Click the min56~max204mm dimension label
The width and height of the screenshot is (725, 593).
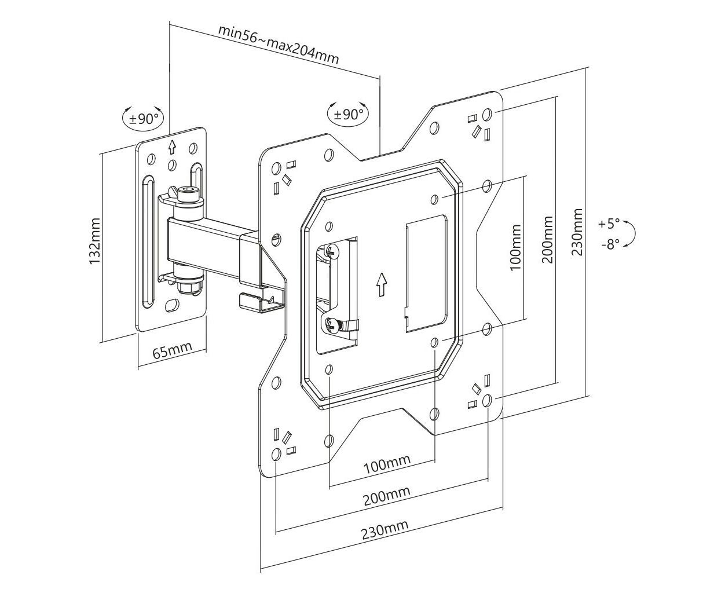point(279,45)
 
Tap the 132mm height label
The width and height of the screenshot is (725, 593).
point(94,241)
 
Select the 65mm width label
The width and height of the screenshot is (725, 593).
point(172,350)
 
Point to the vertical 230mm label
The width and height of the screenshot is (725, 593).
point(577,232)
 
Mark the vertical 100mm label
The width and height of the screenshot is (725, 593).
point(515,247)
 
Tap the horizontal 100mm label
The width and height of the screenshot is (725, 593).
point(387,464)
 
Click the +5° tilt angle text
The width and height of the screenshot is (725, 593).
point(609,224)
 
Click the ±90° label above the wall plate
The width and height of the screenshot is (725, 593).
point(144,119)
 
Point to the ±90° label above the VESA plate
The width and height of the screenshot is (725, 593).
point(349,114)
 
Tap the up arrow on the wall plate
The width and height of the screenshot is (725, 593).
point(172,147)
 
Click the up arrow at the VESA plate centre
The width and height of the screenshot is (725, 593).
point(381,284)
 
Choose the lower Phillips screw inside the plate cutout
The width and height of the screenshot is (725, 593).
point(331,324)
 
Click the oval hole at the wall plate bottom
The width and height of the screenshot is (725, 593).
point(171,305)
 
